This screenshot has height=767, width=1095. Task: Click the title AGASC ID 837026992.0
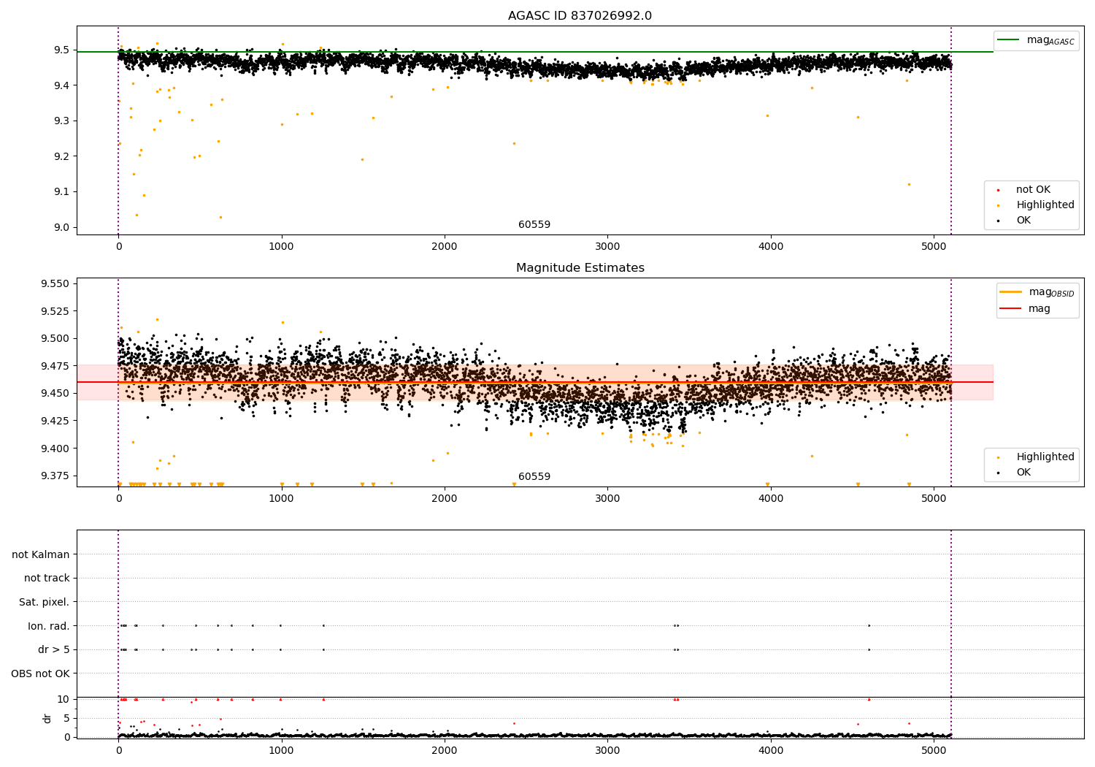click(x=580, y=16)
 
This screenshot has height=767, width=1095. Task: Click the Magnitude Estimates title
click(x=580, y=268)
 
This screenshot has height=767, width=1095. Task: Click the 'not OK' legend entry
click(x=1032, y=190)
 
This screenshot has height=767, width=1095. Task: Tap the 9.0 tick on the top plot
click(x=61, y=227)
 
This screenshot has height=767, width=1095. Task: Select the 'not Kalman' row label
click(x=41, y=554)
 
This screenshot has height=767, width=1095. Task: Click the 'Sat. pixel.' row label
click(x=44, y=602)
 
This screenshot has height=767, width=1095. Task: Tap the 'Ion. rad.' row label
click(x=48, y=626)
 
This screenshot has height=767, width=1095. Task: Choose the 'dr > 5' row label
click(x=53, y=649)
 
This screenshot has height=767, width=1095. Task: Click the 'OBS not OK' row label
click(x=40, y=673)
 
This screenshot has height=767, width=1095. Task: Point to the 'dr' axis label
click(x=47, y=718)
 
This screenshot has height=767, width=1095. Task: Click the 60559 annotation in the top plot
click(x=534, y=225)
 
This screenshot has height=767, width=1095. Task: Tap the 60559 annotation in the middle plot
click(x=534, y=477)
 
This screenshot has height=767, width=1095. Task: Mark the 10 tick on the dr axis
click(x=64, y=699)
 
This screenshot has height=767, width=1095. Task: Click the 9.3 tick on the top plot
click(x=61, y=121)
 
